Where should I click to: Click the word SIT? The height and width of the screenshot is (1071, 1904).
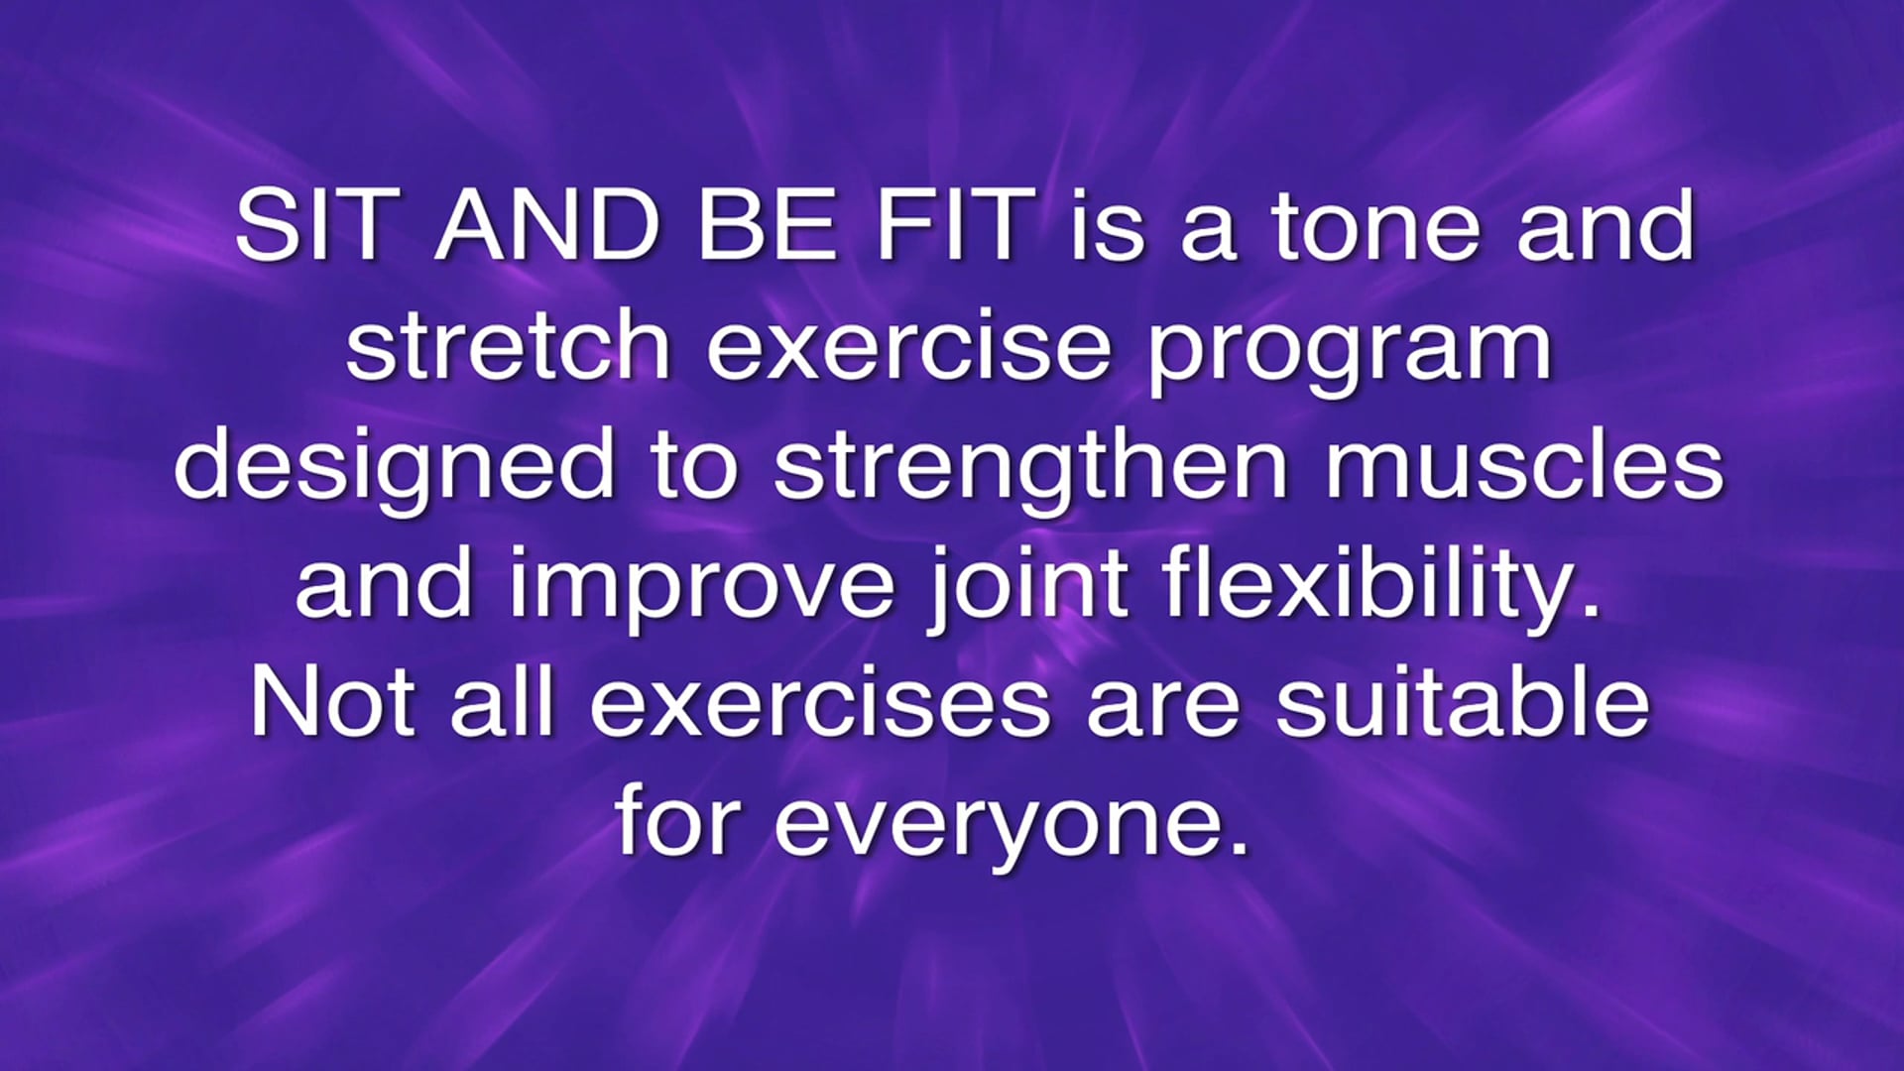pyautogui.click(x=309, y=226)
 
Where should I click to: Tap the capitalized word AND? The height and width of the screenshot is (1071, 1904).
pyautogui.click(x=547, y=226)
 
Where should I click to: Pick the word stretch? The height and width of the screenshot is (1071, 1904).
pyautogui.click(x=509, y=345)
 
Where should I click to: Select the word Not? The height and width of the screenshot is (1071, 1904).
pyautogui.click(x=332, y=702)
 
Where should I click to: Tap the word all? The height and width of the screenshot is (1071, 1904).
pyautogui.click(x=502, y=702)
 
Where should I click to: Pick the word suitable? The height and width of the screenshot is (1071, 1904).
pyautogui.click(x=1463, y=702)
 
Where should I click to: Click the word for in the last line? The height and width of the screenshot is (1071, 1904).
pyautogui.click(x=677, y=821)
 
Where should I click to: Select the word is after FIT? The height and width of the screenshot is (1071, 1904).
pyautogui.click(x=1108, y=226)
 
